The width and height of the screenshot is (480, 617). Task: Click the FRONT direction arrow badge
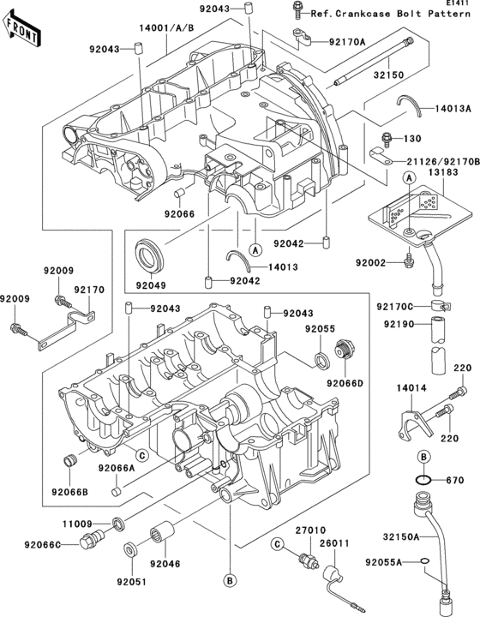tap(24, 33)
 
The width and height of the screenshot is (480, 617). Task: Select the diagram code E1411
tap(458, 5)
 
